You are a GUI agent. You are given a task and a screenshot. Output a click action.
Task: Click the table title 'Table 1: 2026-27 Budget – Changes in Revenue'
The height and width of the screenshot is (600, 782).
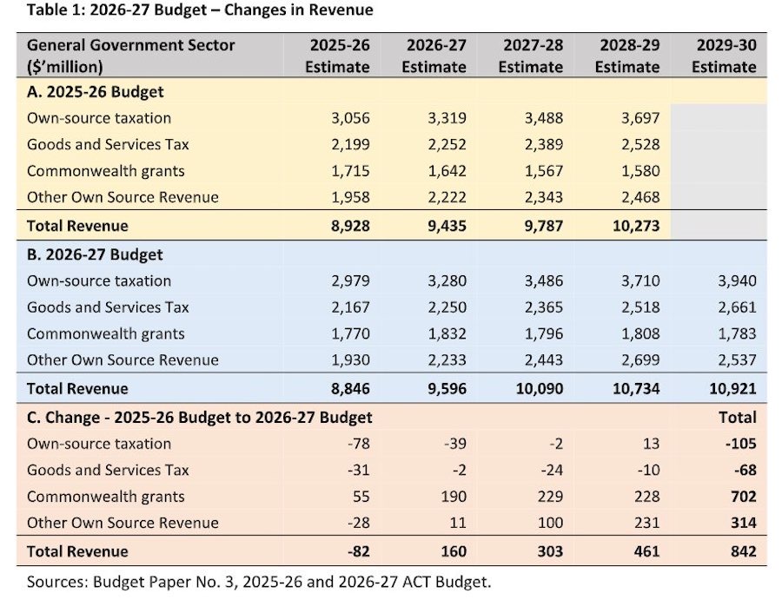[x=200, y=10]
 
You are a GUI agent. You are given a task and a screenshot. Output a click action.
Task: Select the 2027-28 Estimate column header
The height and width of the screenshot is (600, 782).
[x=531, y=56]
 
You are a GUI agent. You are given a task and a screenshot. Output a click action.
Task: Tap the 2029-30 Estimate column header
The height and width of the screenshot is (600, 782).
[x=724, y=56]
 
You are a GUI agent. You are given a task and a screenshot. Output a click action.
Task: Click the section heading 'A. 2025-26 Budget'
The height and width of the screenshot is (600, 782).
[x=96, y=92]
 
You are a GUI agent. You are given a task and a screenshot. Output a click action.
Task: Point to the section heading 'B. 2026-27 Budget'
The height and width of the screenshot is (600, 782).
[x=95, y=254]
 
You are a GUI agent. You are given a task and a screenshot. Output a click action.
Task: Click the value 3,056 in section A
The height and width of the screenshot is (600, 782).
[x=351, y=118]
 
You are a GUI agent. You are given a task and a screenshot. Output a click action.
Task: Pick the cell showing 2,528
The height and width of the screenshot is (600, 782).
[x=640, y=144]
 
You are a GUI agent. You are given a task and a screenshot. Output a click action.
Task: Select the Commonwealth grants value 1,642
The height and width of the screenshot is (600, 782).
[x=447, y=171]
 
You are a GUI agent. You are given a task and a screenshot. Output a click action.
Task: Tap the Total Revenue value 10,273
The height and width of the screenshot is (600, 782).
[x=636, y=226]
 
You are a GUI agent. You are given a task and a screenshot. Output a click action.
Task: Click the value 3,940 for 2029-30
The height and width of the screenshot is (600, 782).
[x=737, y=281]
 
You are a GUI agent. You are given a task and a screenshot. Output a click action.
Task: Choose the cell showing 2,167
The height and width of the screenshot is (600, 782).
[x=351, y=307]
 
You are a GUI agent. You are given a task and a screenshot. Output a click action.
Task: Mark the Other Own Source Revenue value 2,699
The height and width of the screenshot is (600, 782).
[x=640, y=360]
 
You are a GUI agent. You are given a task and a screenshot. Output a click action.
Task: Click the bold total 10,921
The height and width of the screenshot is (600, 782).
[x=732, y=389]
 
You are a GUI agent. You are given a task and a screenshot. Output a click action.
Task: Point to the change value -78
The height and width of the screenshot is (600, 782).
[x=359, y=444]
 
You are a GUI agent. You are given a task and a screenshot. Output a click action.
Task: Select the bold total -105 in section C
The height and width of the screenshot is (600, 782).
[x=740, y=444]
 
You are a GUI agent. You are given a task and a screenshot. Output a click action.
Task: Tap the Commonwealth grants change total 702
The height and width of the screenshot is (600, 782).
[x=743, y=497]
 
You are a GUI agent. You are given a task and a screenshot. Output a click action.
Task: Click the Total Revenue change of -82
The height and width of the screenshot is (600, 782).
[x=358, y=551]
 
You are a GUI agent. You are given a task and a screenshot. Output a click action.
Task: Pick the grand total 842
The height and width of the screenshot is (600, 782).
[x=743, y=551]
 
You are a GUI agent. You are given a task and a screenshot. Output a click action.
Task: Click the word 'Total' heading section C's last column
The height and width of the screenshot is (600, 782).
[x=738, y=418]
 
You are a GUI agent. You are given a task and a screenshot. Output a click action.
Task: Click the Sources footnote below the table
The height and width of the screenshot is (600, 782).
[x=259, y=582]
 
